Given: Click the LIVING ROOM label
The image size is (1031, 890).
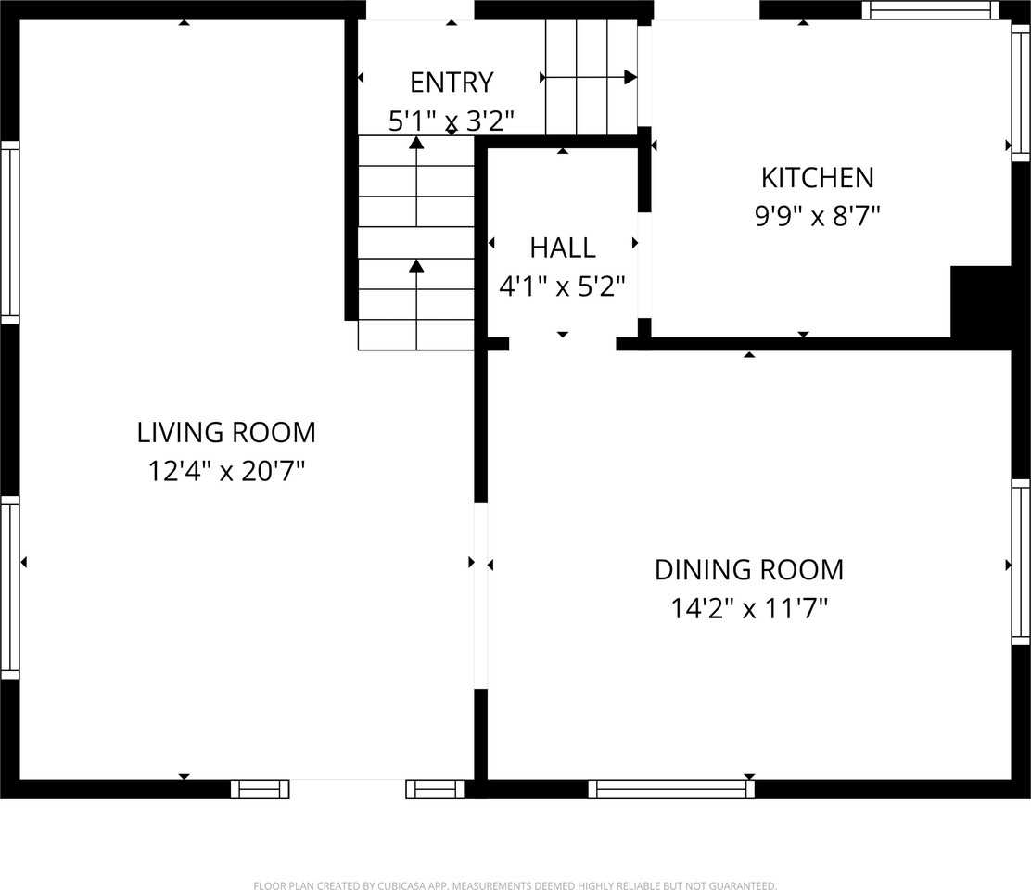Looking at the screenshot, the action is pyautogui.click(x=226, y=433).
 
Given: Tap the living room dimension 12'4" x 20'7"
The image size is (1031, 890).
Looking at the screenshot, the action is pyautogui.click(x=226, y=471).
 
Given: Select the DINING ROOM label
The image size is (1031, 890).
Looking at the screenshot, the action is pyautogui.click(x=749, y=570).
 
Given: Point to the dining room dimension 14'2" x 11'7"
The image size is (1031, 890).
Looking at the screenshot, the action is pyautogui.click(x=749, y=608).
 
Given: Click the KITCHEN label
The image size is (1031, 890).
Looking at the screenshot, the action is pyautogui.click(x=818, y=178).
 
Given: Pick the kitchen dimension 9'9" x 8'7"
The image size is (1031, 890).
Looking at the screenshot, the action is pyautogui.click(x=818, y=216).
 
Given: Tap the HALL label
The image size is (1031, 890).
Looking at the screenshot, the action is pyautogui.click(x=563, y=248).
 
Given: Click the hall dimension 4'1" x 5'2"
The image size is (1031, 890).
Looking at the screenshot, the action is pyautogui.click(x=562, y=286).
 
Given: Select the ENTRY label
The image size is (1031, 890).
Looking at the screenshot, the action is pyautogui.click(x=452, y=83).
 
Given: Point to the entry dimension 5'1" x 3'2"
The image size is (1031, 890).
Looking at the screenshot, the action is pyautogui.click(x=452, y=121).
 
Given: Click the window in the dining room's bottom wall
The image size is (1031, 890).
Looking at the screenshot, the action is pyautogui.click(x=671, y=789).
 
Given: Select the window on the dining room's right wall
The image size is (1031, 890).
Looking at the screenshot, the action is pyautogui.click(x=1021, y=562).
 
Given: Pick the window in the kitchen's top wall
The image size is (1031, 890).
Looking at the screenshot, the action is pyautogui.click(x=930, y=10).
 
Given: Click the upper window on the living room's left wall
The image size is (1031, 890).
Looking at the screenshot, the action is pyautogui.click(x=10, y=232).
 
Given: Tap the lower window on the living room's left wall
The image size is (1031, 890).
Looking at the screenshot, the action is pyautogui.click(x=10, y=588).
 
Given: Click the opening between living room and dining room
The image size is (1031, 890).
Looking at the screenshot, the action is pyautogui.click(x=480, y=596).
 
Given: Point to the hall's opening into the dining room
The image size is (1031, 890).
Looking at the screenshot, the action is pyautogui.click(x=563, y=344).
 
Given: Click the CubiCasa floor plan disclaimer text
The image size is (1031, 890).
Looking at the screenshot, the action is pyautogui.click(x=515, y=885).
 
